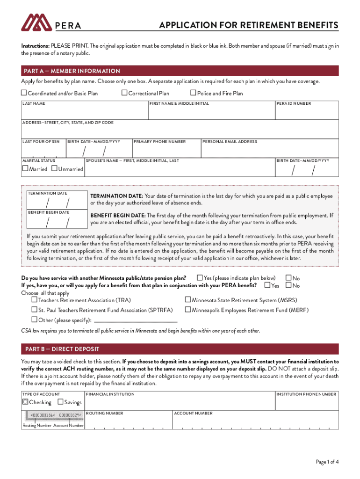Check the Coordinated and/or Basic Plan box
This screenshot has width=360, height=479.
click(x=24, y=93)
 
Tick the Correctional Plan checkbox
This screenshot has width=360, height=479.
click(x=124, y=93)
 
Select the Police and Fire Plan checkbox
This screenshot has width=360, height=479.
click(x=193, y=93)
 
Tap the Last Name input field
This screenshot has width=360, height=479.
click(x=84, y=113)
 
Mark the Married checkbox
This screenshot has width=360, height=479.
click(x=25, y=168)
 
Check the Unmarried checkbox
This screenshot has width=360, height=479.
click(x=54, y=168)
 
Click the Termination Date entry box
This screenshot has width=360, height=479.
click(x=57, y=203)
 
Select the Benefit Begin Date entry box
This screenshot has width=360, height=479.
click(x=57, y=221)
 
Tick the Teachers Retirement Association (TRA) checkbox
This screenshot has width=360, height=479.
click(x=34, y=299)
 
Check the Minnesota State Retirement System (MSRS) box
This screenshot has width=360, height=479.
click(x=188, y=299)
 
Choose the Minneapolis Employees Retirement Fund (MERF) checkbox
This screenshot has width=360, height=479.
click(x=188, y=310)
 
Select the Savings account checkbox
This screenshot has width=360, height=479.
click(x=60, y=402)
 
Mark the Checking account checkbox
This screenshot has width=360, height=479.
click(x=25, y=402)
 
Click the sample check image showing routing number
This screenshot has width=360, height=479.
click(x=53, y=415)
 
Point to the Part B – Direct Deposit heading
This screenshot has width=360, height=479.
click(x=62, y=349)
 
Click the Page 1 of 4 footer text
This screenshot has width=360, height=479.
click(x=327, y=462)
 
